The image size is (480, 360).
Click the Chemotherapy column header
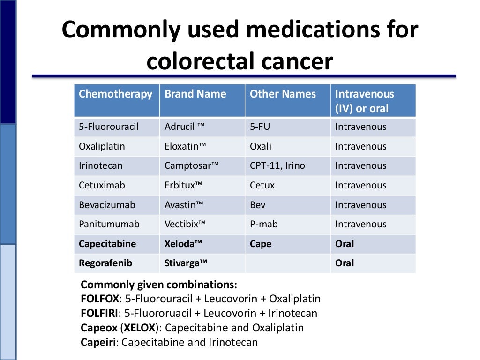point(115,94)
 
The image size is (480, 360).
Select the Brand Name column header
point(195,94)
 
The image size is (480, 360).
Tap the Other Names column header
point(283,94)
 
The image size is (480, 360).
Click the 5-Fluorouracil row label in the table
point(109,127)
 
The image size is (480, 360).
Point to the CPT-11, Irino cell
point(277,166)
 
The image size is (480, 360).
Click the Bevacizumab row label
point(107,205)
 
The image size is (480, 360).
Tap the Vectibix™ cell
point(185,224)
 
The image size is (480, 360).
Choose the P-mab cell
point(263,224)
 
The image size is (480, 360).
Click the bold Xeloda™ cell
point(183,244)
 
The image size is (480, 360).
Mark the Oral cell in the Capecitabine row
point(345,244)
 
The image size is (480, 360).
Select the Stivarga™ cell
point(186,263)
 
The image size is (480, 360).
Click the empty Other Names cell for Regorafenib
point(287,263)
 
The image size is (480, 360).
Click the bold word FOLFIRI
point(100,313)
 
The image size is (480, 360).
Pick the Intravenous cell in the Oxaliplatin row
point(360,146)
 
